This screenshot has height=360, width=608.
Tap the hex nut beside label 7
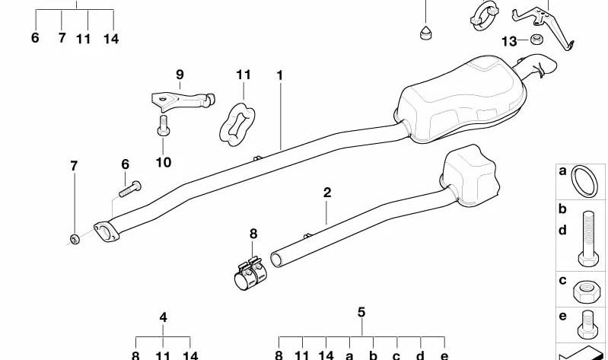[75, 239]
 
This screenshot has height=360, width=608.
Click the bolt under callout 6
[130, 189]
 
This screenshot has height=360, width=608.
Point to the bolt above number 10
[164, 126]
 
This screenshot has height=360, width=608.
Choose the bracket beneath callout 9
[182, 100]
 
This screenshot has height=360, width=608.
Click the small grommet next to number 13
[536, 39]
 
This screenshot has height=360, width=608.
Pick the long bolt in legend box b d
[589, 238]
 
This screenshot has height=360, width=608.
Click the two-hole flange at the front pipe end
[107, 231]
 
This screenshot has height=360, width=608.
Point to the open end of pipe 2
[276, 260]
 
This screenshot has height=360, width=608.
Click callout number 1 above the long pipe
[279, 75]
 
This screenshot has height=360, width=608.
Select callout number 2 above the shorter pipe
[327, 193]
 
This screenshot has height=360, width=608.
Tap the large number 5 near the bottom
[361, 312]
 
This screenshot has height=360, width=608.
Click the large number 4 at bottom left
[164, 317]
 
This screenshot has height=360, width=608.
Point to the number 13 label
[510, 41]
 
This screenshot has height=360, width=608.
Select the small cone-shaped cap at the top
[426, 33]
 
